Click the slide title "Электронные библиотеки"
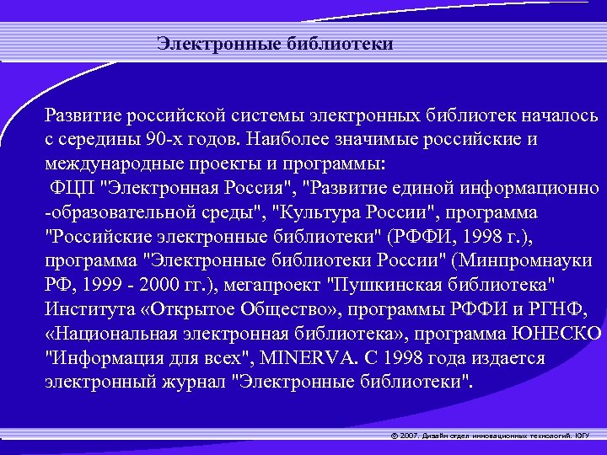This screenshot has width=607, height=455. click(x=275, y=44)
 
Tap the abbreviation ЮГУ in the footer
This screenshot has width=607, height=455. click(x=582, y=436)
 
